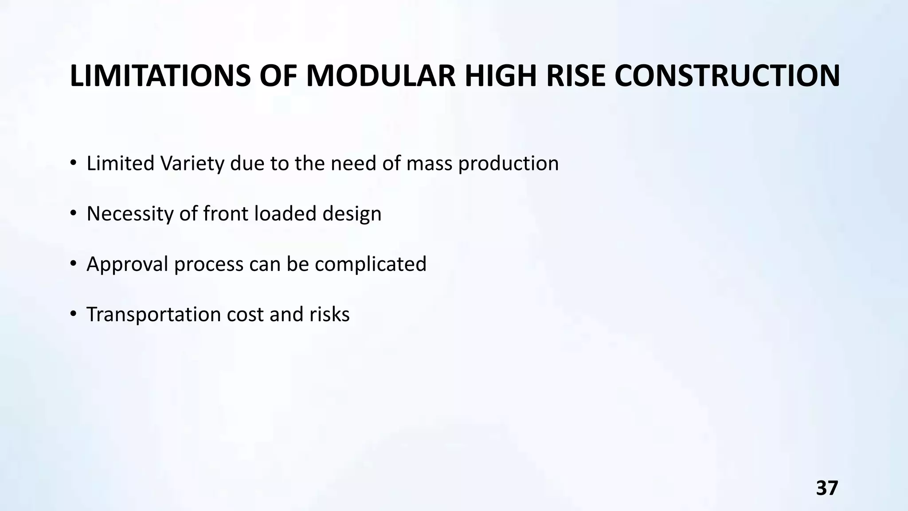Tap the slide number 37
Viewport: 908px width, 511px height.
pos(827,488)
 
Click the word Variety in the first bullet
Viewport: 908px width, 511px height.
pos(193,164)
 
